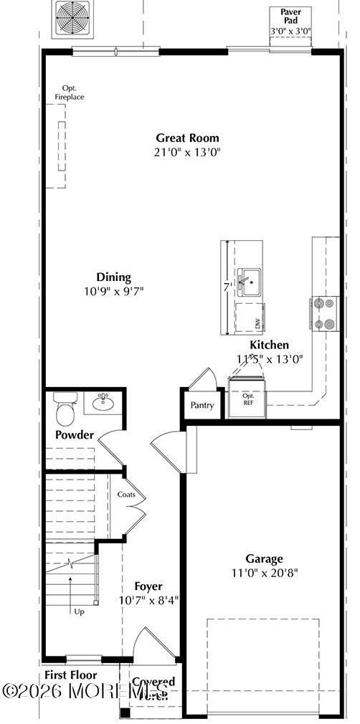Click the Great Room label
tap(188, 138)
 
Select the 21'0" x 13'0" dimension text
tap(188, 151)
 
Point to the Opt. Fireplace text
tap(70, 92)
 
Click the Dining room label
tap(114, 277)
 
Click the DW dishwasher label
tap(257, 323)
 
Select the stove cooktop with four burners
tap(324, 314)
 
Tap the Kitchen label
tap(269, 345)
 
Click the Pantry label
tap(202, 405)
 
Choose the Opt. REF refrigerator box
tap(248, 399)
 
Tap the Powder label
tap(75, 435)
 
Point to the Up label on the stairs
tap(79, 611)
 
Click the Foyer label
tap(148, 586)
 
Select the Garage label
tap(264, 558)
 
